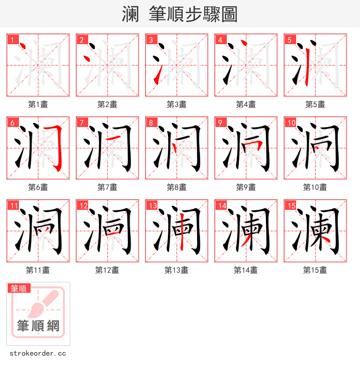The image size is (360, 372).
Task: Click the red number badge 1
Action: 12,40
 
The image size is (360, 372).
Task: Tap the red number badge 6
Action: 12,122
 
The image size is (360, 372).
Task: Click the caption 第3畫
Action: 176,104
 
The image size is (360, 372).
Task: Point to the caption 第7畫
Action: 107,187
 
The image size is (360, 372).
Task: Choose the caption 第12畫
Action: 107,270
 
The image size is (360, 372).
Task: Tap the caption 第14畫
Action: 246,270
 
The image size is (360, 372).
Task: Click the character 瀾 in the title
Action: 130,14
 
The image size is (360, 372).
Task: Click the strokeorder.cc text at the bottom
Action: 37,354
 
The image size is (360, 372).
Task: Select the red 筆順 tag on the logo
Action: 19,288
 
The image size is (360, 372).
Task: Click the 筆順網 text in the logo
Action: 38,326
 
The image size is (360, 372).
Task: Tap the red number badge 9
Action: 220,122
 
